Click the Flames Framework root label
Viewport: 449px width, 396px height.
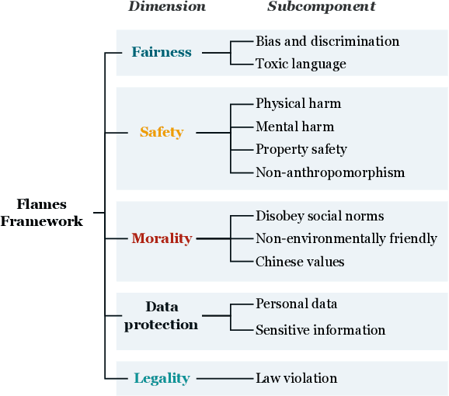point(42,213)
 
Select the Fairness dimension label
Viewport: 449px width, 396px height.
point(162,52)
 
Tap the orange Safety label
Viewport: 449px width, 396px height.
point(162,132)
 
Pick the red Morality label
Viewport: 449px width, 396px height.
point(162,238)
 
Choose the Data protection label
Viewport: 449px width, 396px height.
point(162,315)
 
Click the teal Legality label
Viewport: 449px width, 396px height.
point(162,378)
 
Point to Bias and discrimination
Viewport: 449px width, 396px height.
point(327,40)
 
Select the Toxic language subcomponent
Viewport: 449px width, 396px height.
point(301,64)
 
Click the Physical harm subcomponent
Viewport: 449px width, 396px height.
point(298,103)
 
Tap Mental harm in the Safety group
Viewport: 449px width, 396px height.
point(294,127)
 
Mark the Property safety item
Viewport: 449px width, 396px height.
point(301,149)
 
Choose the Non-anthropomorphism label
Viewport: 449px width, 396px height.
point(330,172)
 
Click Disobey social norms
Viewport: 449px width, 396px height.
point(319,216)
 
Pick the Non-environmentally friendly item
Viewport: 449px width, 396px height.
point(346,238)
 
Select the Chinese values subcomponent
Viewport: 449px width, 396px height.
point(300,262)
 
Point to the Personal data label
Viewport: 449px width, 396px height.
point(296,304)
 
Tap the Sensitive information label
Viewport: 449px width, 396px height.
point(320,330)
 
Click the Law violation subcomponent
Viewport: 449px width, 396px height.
point(296,378)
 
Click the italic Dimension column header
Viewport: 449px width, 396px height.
point(167,7)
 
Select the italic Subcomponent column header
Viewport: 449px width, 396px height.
point(322,7)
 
